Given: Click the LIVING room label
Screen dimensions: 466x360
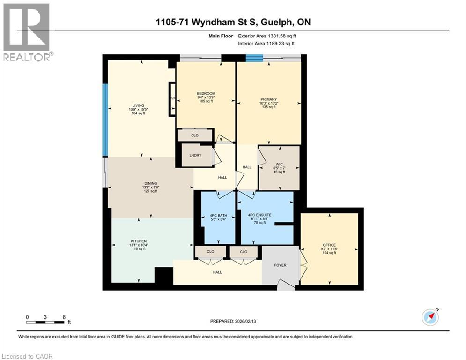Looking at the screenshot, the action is click(x=138, y=105).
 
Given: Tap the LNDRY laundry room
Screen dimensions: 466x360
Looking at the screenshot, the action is click(x=195, y=155).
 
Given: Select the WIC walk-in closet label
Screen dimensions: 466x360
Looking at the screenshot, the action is click(x=279, y=164).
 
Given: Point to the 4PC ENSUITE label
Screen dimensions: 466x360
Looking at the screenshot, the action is click(x=260, y=215).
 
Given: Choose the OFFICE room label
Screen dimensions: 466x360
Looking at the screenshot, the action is click(x=329, y=245).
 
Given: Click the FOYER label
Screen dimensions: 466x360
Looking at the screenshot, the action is click(x=280, y=265).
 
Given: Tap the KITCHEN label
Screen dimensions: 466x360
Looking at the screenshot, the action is click(x=139, y=241).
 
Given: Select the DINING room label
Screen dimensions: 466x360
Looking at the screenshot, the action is click(x=151, y=184).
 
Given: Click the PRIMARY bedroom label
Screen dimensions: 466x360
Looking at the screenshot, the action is click(x=269, y=99).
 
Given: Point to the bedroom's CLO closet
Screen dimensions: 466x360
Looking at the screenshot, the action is click(x=195, y=135).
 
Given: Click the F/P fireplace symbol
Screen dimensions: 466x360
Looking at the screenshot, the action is click(x=172, y=99).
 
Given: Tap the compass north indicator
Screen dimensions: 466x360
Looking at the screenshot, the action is click(x=430, y=317).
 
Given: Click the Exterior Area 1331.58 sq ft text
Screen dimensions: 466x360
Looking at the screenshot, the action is click(x=267, y=36).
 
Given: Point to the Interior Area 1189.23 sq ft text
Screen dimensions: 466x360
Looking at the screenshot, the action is click(x=266, y=44).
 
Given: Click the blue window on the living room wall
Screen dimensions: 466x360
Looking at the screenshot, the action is click(x=105, y=120).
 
